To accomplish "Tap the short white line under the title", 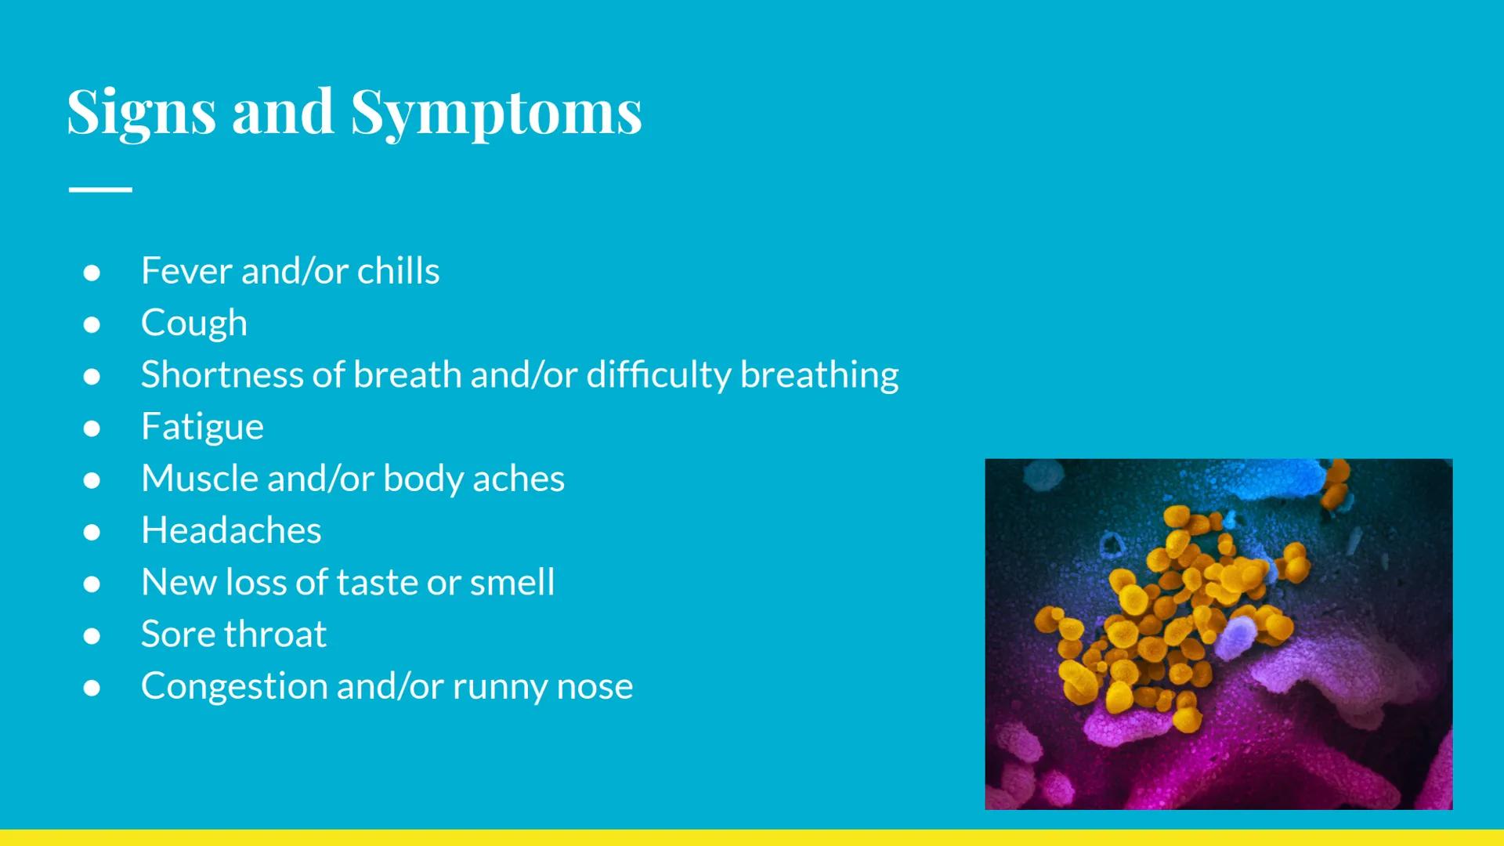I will point(100,189).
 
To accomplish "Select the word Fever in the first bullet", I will point(186,271).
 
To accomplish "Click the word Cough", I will point(193,324).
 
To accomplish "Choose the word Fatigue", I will point(202,427).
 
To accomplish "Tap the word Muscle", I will point(199,479).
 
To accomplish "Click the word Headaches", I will point(231,530).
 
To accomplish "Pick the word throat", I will point(280,634).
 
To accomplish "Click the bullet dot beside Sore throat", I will point(92,635).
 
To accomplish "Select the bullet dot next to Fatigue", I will point(92,428).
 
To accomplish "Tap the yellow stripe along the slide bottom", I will point(752,837).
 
